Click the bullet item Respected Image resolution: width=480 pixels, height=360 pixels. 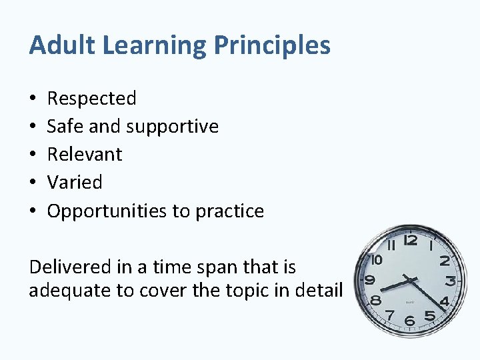point(91,99)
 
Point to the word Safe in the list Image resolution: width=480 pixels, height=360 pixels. point(61,126)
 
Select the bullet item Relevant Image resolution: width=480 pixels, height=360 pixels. point(85,154)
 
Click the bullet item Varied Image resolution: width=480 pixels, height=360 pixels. point(75,182)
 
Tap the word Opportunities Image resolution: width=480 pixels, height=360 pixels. point(107,211)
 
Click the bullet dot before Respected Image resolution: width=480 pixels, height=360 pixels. point(33,99)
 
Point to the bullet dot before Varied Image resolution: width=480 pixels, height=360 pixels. point(33,182)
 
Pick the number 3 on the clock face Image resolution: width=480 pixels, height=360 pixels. point(451,281)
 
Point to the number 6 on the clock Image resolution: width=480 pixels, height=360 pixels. point(409,321)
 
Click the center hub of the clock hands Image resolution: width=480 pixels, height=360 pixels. point(411,281)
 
